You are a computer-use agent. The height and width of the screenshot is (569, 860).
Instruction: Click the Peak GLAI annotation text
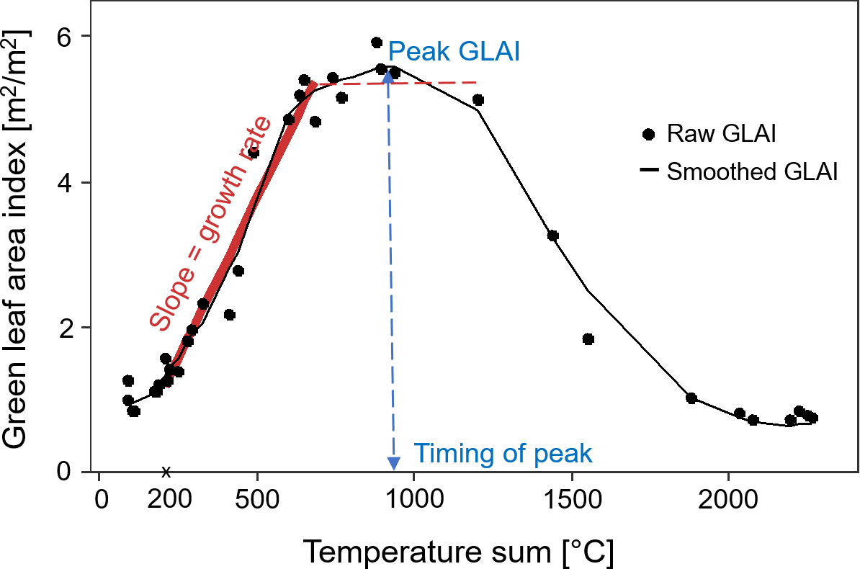click(x=454, y=53)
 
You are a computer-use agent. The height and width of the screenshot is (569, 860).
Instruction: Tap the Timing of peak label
click(x=503, y=454)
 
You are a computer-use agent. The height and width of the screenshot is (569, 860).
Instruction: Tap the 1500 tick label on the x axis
click(x=571, y=500)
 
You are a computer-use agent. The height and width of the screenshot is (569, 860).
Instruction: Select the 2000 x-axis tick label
click(x=728, y=500)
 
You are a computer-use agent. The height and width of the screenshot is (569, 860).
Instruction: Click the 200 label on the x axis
click(x=166, y=500)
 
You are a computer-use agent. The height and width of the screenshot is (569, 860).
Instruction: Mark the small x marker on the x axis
click(x=166, y=472)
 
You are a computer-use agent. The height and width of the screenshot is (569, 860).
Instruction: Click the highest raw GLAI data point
click(x=376, y=42)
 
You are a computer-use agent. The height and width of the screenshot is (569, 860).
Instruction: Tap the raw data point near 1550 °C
click(x=588, y=339)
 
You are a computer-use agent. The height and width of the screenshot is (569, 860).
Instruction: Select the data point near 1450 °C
click(x=553, y=236)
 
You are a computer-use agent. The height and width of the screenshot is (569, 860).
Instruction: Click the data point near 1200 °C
click(x=478, y=100)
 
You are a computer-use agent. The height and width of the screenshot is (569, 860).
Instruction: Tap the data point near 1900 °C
click(x=691, y=398)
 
